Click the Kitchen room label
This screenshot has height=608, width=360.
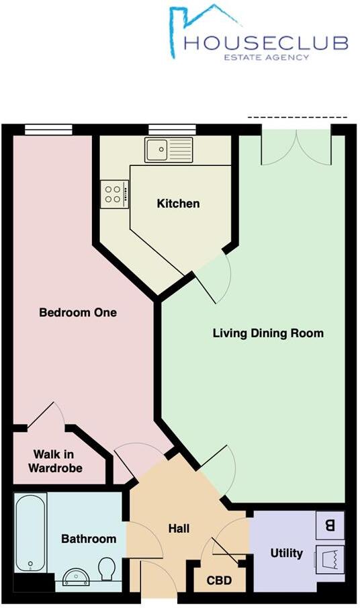(x=178, y=204)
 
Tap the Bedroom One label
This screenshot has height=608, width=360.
(x=78, y=312)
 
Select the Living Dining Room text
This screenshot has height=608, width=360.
(x=268, y=333)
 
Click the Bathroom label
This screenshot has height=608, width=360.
(x=89, y=539)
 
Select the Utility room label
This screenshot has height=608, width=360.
(x=286, y=554)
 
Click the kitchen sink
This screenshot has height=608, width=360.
(x=169, y=149)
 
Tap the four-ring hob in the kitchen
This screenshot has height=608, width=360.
(x=112, y=193)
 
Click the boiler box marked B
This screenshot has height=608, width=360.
(x=330, y=525)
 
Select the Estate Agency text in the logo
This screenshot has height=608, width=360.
(x=267, y=58)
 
